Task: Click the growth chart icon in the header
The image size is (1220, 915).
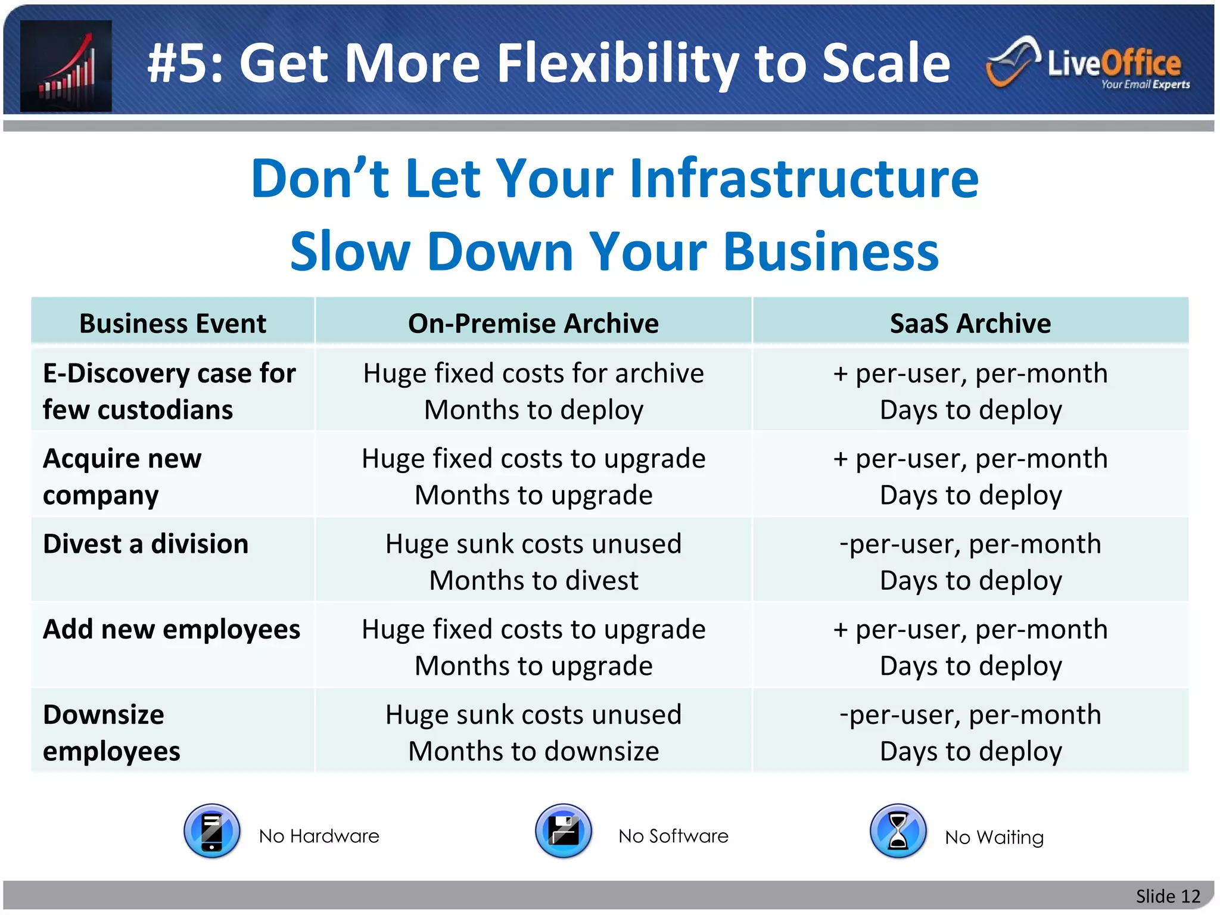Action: (66, 66)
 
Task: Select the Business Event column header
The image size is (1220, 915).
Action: (173, 323)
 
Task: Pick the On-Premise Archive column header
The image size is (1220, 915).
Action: (533, 323)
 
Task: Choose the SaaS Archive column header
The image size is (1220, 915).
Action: (970, 323)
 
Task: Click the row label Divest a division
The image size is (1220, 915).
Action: (146, 544)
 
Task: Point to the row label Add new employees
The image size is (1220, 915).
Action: (172, 629)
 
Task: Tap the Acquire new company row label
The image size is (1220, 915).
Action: (122, 477)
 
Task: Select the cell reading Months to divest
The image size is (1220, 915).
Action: (534, 580)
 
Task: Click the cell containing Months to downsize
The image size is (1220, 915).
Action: (534, 751)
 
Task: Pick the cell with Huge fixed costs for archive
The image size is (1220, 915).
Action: (534, 374)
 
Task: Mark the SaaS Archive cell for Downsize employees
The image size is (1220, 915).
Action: (970, 733)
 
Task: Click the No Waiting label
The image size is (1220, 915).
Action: (994, 837)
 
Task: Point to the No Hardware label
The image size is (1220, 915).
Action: (319, 836)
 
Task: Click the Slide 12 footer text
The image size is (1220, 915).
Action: (1168, 896)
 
